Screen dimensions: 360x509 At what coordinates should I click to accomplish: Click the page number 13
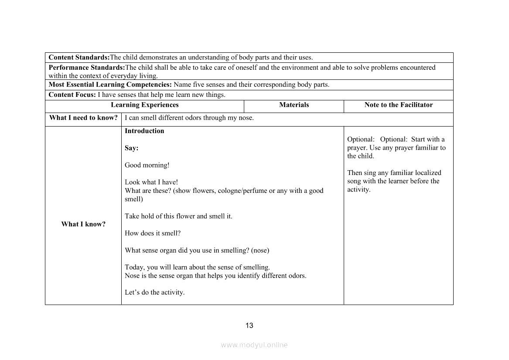click(249, 326)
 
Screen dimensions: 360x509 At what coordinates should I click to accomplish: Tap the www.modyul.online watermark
click(254, 345)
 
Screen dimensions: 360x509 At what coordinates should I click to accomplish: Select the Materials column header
click(294, 105)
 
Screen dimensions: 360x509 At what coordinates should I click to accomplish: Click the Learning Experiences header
click(144, 105)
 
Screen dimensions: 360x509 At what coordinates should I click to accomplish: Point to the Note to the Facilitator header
click(399, 105)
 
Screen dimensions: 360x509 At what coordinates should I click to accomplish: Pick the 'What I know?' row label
click(83, 224)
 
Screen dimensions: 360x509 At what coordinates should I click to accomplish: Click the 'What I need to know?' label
click(83, 118)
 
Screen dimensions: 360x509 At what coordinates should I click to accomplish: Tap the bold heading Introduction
click(144, 131)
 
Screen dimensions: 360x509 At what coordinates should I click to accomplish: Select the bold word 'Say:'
click(131, 148)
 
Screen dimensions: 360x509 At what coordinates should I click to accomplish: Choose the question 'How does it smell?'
click(153, 233)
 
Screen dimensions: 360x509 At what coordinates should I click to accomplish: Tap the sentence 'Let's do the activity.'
click(155, 292)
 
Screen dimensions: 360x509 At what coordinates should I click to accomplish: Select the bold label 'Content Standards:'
click(79, 58)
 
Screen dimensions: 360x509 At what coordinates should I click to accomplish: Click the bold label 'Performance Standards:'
click(87, 68)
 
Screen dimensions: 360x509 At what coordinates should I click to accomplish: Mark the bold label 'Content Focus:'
click(72, 95)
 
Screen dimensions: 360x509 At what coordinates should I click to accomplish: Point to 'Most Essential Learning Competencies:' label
click(110, 85)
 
